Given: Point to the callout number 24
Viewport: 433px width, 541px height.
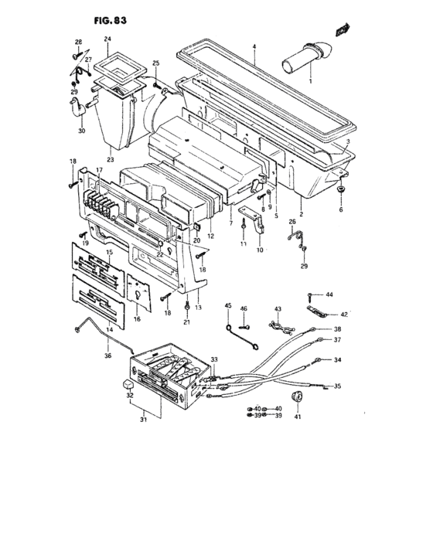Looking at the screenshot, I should (x=107, y=39).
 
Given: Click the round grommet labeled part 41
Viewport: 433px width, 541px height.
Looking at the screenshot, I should (x=298, y=398).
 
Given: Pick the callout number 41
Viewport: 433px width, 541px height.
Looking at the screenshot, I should (x=298, y=417).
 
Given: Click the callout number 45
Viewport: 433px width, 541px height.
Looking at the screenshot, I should (x=228, y=308).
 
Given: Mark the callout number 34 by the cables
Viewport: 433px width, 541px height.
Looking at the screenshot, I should (x=337, y=360).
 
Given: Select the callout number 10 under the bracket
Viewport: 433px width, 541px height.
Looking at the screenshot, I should (x=259, y=250).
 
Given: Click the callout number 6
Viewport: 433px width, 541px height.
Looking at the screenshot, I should (x=341, y=209).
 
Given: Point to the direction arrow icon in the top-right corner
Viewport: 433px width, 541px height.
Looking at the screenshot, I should (x=338, y=30).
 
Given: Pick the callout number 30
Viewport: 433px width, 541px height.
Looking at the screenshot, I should (x=80, y=131).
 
